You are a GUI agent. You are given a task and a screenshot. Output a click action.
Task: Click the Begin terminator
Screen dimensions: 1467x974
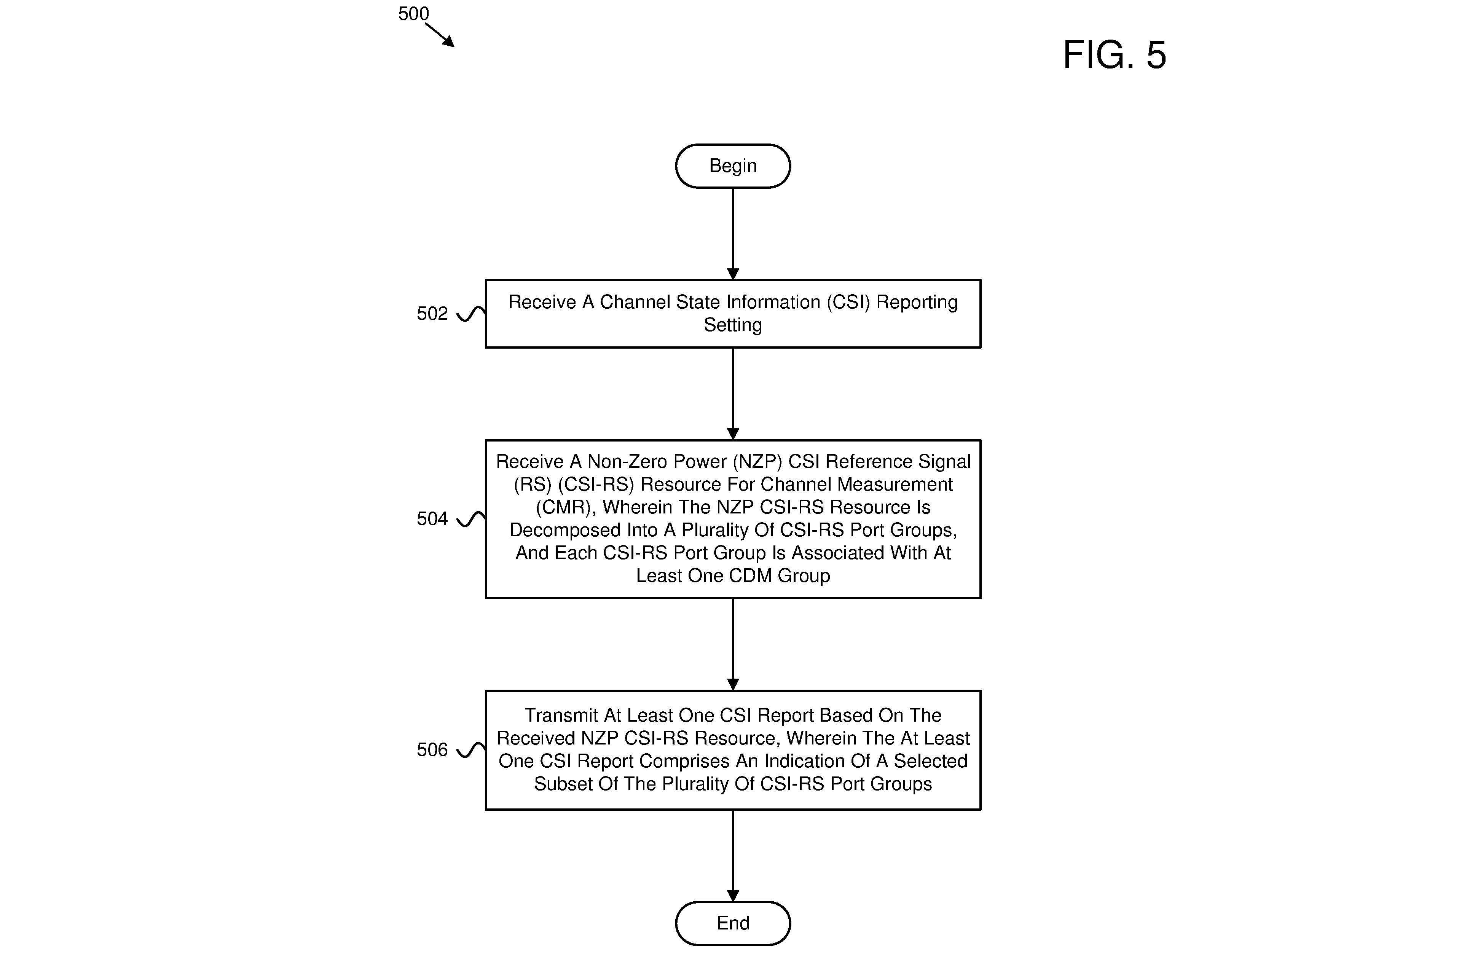[x=733, y=166]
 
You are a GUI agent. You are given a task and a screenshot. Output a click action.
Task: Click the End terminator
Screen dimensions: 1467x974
[x=733, y=923]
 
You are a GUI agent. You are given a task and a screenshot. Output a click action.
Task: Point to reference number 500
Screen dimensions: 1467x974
[x=413, y=14]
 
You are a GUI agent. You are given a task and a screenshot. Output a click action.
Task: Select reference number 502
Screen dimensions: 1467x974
[x=432, y=313]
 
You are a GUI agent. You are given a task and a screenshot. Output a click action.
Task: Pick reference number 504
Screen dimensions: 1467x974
[x=432, y=519]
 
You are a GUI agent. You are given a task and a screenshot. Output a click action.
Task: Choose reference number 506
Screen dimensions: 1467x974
[x=432, y=750]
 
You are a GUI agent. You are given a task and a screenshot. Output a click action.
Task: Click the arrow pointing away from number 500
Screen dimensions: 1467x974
[x=440, y=35]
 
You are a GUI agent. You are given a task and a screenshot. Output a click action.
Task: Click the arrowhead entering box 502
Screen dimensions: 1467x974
[x=733, y=274]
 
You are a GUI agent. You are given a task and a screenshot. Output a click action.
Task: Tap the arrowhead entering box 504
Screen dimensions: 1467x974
[x=733, y=434]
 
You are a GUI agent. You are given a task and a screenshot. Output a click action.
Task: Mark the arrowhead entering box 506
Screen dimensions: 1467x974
[x=733, y=684]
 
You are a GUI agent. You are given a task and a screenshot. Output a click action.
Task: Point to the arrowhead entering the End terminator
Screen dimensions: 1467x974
[x=733, y=896]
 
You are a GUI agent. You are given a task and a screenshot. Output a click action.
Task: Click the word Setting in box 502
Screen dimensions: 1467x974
[x=733, y=325]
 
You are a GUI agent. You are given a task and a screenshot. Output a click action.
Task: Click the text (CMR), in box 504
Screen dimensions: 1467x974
[x=566, y=507]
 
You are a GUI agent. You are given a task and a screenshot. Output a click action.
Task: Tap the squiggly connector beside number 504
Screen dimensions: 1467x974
[x=471, y=519]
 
